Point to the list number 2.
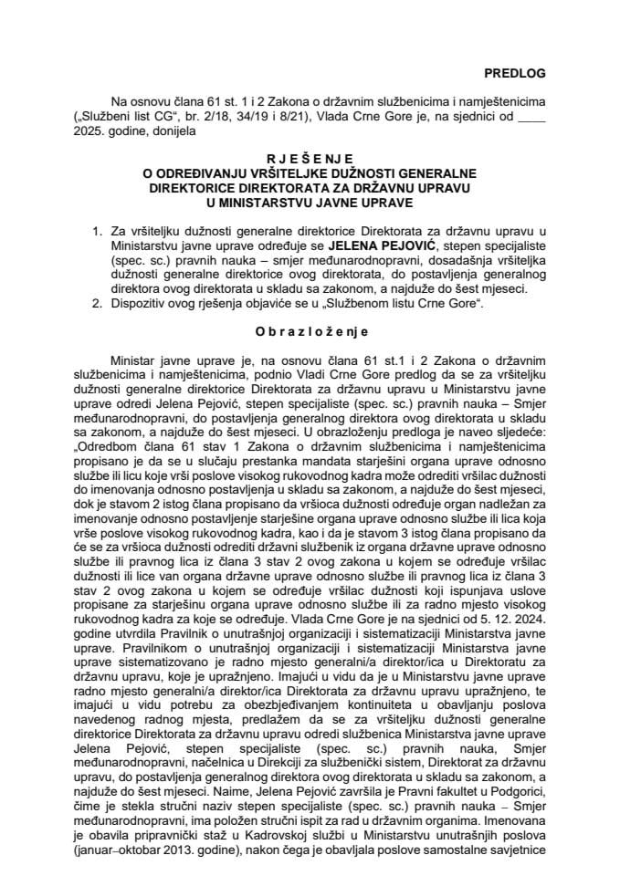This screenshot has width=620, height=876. [98, 302]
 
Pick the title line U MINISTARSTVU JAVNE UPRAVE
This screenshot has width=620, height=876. [310, 203]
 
